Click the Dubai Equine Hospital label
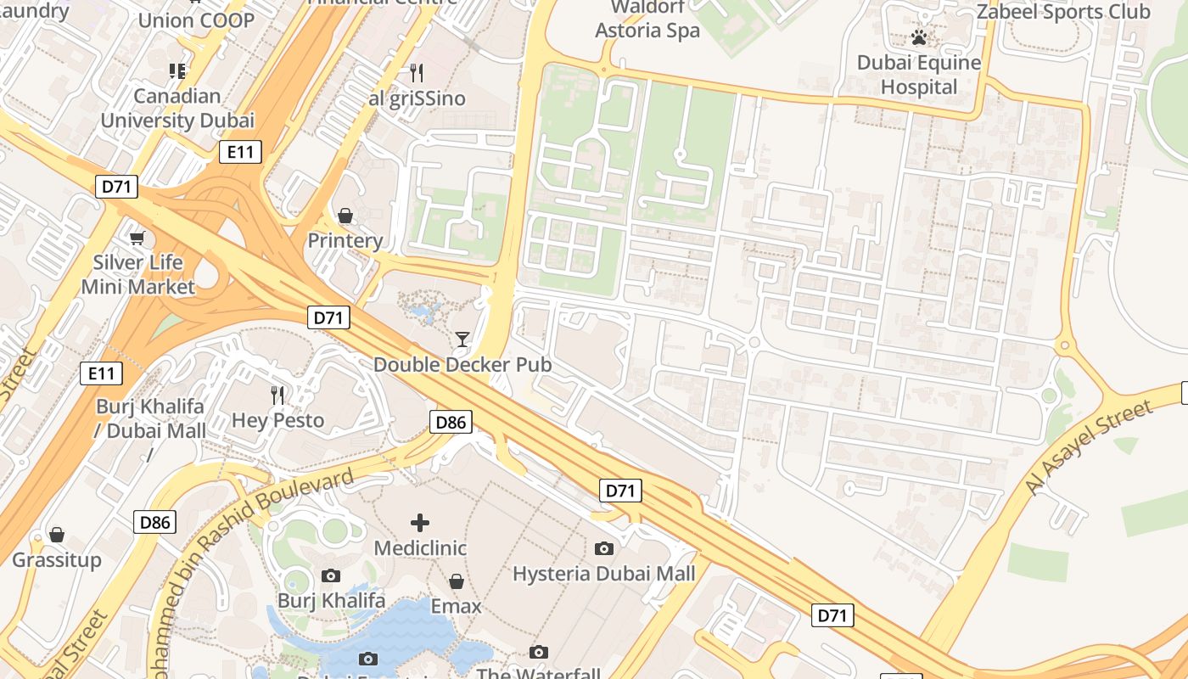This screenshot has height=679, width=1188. tap(919, 75)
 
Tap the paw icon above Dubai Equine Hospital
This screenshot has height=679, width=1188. tap(919, 37)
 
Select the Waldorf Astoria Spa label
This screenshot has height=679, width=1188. tap(647, 20)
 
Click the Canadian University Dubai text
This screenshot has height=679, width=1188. tap(177, 108)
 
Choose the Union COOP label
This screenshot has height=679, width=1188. tap(196, 20)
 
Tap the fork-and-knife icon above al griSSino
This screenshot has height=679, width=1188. tap(416, 72)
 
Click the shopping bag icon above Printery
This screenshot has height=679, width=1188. tap(345, 216)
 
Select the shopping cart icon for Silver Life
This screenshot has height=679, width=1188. tap(137, 238)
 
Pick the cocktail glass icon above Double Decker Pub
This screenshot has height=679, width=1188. tap(462, 339)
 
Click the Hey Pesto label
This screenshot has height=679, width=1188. tap(278, 420)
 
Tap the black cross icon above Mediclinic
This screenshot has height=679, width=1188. tap(420, 523)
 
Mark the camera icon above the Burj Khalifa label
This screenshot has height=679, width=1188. tap(331, 576)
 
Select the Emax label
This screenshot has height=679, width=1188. tap(457, 606)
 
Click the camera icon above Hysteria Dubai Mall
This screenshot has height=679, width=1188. tap(604, 548)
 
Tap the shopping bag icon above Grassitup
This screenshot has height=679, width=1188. tap(57, 535)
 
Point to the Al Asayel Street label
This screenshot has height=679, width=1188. tap(1078, 448)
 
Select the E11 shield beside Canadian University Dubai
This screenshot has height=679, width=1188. tap(240, 152)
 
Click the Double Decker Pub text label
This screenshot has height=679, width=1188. tap(462, 365)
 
